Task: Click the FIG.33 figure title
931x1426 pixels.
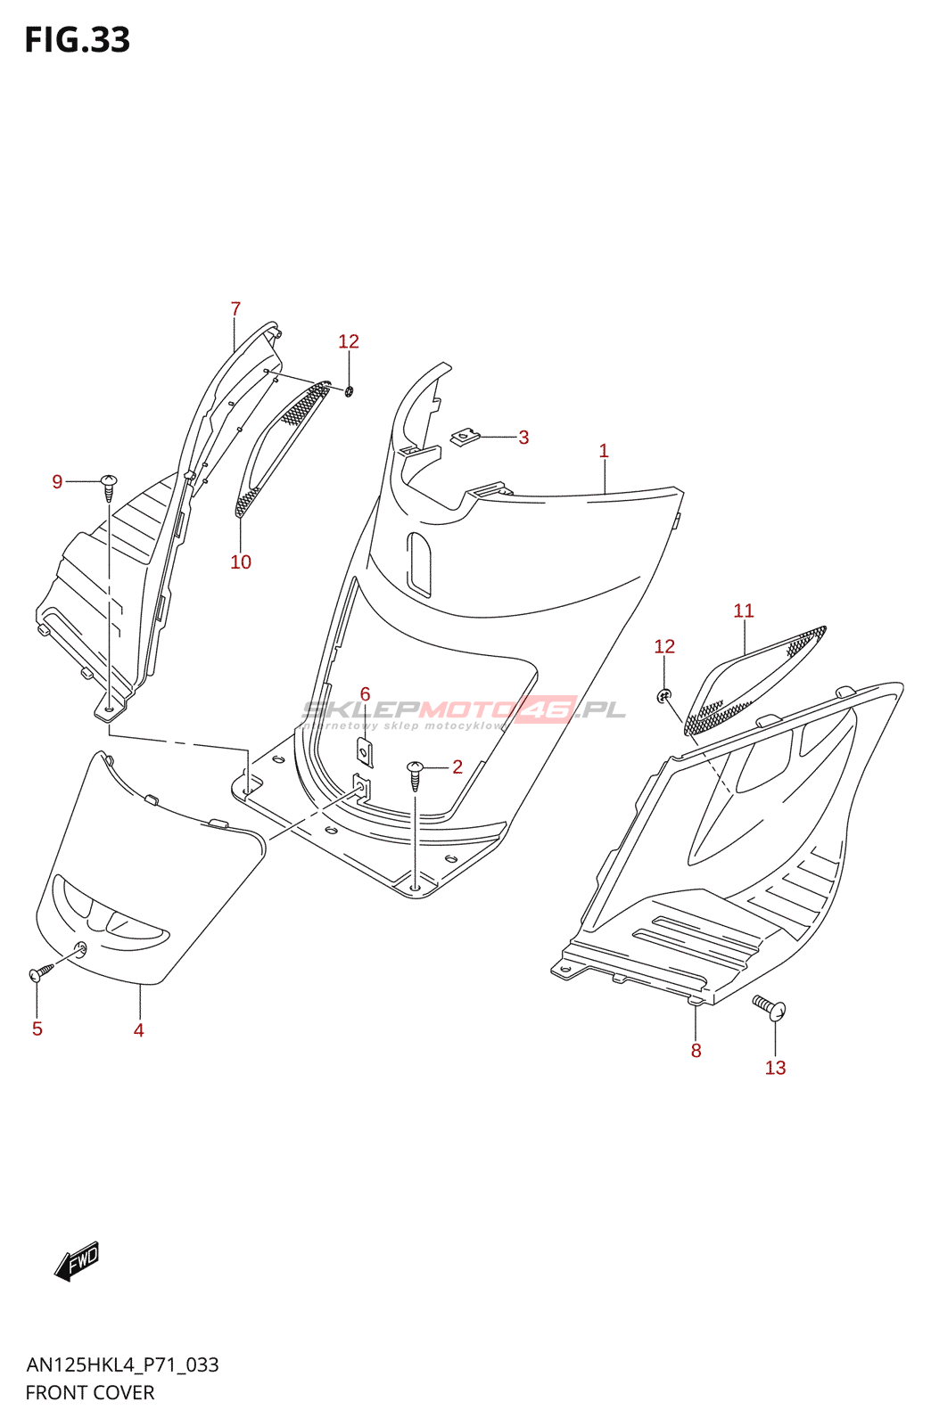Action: tap(78, 40)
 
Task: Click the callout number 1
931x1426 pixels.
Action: tap(604, 451)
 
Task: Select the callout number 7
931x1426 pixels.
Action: tap(235, 309)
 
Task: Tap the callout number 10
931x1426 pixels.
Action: tap(241, 562)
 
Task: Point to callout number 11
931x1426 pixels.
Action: tap(744, 611)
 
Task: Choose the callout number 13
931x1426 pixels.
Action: tap(775, 1068)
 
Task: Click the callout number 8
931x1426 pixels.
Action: tap(696, 1051)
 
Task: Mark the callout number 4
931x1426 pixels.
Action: tap(139, 1030)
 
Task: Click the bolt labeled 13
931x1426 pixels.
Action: tap(770, 1007)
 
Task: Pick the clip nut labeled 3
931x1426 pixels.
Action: tap(465, 437)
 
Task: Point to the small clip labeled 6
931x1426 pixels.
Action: tap(365, 752)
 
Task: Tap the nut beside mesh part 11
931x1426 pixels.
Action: tap(663, 694)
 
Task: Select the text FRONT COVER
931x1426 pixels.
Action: tap(90, 1393)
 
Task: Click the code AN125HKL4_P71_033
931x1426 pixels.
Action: tap(122, 1365)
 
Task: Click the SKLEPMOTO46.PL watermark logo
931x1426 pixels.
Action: tap(464, 711)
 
